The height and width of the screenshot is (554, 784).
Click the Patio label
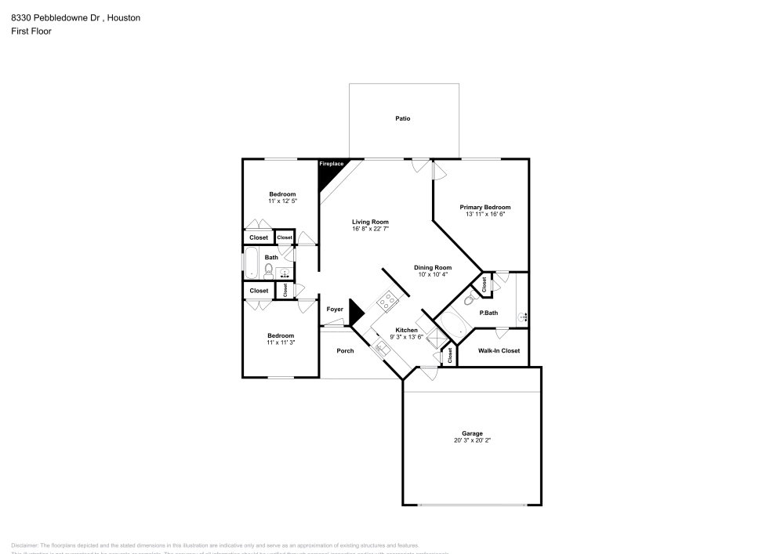(x=403, y=118)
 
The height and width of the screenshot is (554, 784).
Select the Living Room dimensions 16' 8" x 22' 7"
(x=371, y=229)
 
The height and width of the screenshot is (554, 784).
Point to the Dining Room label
(x=433, y=267)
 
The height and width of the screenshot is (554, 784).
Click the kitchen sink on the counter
(x=382, y=348)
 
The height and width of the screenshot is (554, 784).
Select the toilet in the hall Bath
(x=268, y=272)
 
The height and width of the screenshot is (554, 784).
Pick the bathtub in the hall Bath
(x=252, y=264)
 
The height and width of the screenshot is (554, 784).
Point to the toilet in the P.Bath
(x=470, y=299)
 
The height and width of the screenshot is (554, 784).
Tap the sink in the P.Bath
(x=523, y=317)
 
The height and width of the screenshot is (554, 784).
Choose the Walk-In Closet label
(x=499, y=350)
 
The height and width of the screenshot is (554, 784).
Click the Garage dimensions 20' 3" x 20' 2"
(x=472, y=440)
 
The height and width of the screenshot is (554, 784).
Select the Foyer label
(x=335, y=310)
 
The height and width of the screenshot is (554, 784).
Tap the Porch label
(x=345, y=350)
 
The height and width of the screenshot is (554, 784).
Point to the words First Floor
(x=31, y=31)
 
